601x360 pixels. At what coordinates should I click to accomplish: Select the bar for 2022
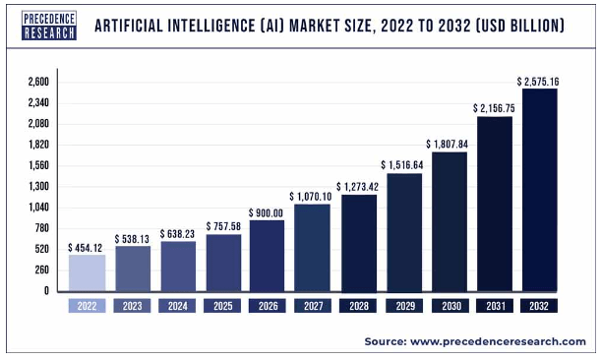pyautogui.click(x=86, y=272)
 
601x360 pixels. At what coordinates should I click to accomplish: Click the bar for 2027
pyautogui.click(x=312, y=247)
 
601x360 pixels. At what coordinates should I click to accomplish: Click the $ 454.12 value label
pyautogui.click(x=87, y=247)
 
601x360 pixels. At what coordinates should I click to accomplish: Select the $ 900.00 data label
pyautogui.click(x=268, y=212)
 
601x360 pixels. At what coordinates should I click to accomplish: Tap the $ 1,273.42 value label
pyautogui.click(x=360, y=186)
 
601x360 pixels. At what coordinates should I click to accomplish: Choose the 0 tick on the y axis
pyautogui.click(x=45, y=291)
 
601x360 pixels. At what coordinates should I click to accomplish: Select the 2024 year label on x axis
pyautogui.click(x=177, y=306)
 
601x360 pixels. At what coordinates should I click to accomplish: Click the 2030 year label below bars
pyautogui.click(x=449, y=306)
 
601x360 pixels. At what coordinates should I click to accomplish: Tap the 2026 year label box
pyautogui.click(x=268, y=306)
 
